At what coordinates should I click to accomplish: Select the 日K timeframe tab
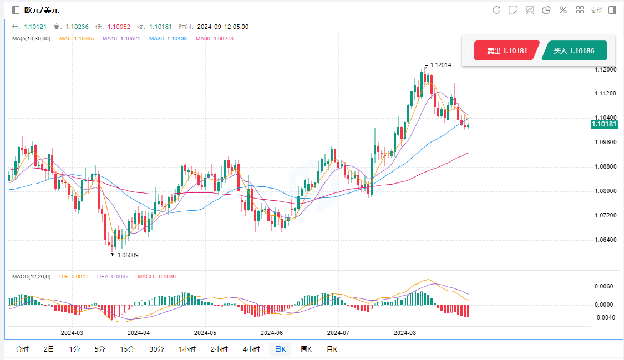pyautogui.click(x=280, y=349)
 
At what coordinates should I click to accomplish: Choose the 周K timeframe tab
pyautogui.click(x=306, y=349)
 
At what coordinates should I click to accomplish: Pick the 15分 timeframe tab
pyautogui.click(x=127, y=349)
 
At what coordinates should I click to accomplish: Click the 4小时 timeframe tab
pyautogui.click(x=251, y=349)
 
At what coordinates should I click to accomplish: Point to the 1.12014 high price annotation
pyautogui.click(x=440, y=65)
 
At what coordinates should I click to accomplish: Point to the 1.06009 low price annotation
pyautogui.click(x=127, y=255)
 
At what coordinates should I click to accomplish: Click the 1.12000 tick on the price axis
pyautogui.click(x=605, y=69)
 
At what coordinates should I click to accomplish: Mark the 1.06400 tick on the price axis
pyautogui.click(x=605, y=240)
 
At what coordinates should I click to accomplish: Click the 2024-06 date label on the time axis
pyautogui.click(x=271, y=333)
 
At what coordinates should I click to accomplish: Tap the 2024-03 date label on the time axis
pyautogui.click(x=72, y=333)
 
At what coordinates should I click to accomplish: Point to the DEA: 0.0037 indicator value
pyautogui.click(x=116, y=276)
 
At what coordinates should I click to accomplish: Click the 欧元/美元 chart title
pyautogui.click(x=41, y=10)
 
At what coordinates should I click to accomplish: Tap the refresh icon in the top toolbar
pyautogui.click(x=496, y=10)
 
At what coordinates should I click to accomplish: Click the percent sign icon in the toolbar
pyautogui.click(x=562, y=10)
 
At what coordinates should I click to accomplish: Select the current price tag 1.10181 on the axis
pyautogui.click(x=604, y=124)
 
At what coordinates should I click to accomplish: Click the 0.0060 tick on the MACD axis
pyautogui.click(x=603, y=287)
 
